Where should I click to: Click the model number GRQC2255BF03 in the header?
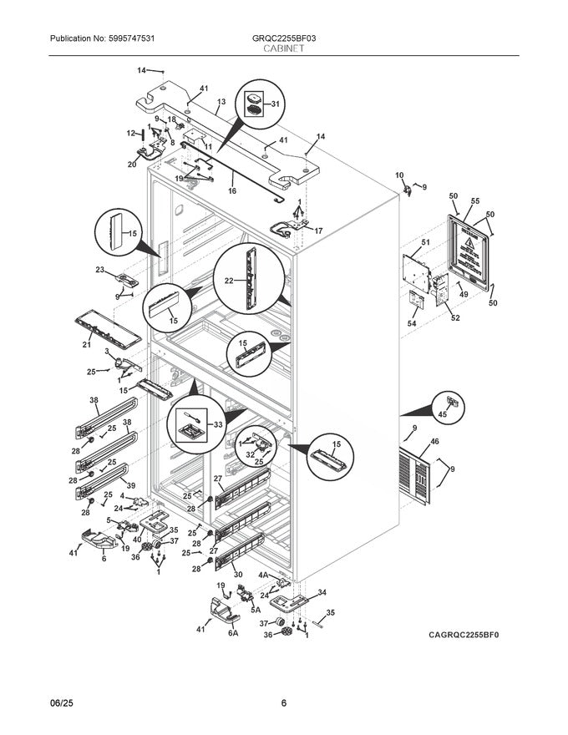click(x=283, y=38)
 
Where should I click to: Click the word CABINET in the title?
click(x=283, y=49)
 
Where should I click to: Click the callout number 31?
click(x=276, y=104)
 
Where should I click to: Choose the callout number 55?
click(x=474, y=202)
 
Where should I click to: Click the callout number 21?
click(x=86, y=345)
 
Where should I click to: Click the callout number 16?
click(x=231, y=191)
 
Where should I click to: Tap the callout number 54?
click(x=412, y=323)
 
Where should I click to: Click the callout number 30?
click(x=238, y=575)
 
